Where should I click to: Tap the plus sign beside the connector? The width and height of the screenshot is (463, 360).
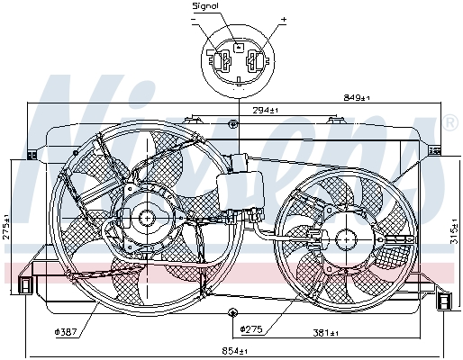coord(283,19)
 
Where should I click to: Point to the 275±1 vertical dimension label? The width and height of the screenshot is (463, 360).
coord(6,225)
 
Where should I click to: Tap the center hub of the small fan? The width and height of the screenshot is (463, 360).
coord(345,238)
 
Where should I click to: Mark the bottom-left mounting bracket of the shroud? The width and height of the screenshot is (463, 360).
coord(24,286)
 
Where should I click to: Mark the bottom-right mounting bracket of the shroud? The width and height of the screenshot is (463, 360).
coord(444,301)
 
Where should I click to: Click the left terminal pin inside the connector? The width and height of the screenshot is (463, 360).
coord(220,63)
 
